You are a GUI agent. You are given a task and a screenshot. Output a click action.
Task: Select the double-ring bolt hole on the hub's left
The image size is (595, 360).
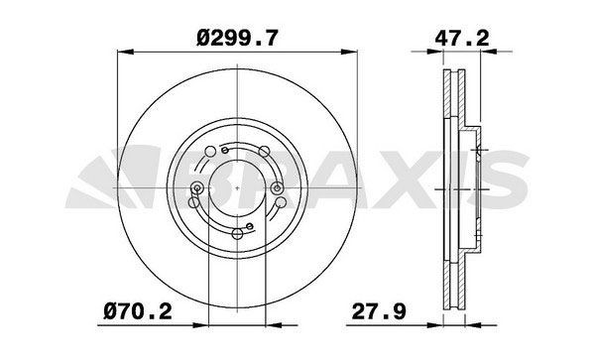199,188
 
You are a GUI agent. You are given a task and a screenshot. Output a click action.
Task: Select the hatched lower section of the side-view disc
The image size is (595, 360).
447,278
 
